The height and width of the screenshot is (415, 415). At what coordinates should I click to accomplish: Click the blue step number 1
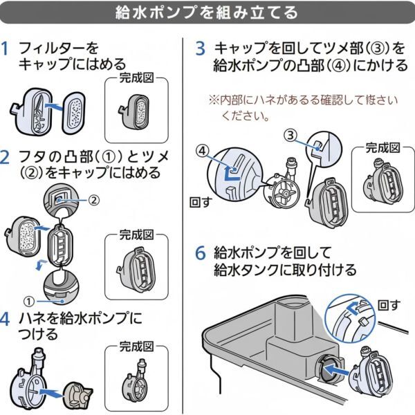point(6,48)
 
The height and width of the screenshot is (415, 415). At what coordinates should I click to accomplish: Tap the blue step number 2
point(6,156)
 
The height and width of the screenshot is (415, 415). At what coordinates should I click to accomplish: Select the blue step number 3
point(201,48)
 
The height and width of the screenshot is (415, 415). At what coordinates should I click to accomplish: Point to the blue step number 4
point(6,319)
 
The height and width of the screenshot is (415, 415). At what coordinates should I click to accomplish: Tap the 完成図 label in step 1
point(136,78)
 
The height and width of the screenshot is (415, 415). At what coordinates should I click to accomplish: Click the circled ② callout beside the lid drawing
point(95,199)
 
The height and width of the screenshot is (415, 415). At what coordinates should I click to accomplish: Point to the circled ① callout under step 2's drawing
point(29,301)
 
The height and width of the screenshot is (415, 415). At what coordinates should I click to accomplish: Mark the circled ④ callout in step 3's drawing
point(201,149)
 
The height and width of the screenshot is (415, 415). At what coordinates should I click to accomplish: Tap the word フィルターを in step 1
point(59,48)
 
